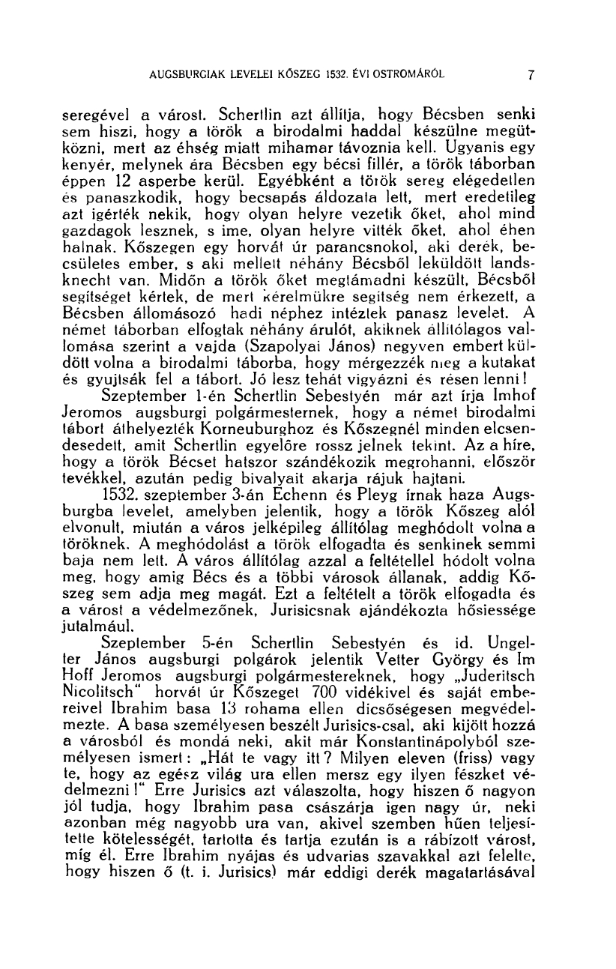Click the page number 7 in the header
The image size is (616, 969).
pos(529,75)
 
